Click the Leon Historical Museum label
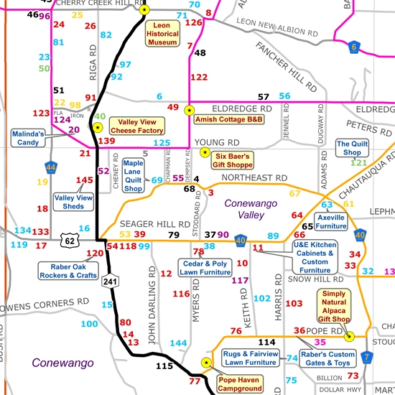163,34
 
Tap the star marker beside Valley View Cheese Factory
98,127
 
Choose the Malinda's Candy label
28,138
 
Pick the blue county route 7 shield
366,357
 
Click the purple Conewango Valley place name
251,209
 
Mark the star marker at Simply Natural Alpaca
350,336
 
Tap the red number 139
106,141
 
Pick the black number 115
164,366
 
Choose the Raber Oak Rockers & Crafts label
68,271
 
